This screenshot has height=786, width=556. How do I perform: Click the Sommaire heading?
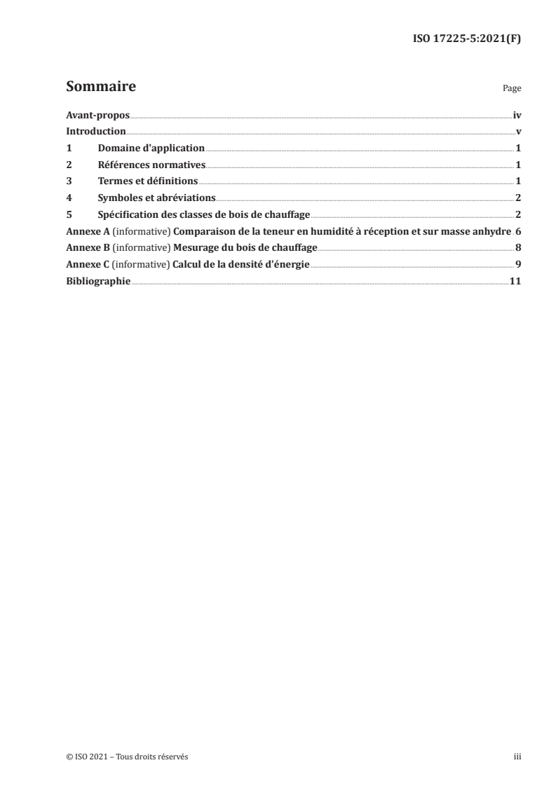pos(101,88)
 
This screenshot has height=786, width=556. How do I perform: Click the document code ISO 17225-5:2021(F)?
pos(466,39)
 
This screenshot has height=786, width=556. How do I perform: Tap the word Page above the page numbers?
pos(512,90)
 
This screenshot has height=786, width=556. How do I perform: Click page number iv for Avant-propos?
pos(517,115)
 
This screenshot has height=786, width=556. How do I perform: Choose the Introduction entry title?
pos(96,132)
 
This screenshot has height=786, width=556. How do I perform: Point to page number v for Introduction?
pos(518,132)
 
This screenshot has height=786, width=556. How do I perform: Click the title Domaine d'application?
pos(151,149)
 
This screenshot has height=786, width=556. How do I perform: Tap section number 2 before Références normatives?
pos(69,165)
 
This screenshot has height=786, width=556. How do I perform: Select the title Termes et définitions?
pos(149,181)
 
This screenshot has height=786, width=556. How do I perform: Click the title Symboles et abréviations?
pos(156,198)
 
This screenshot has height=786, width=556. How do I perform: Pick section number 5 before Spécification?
pos(69,214)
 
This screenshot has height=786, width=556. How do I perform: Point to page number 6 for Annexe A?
pos(518,231)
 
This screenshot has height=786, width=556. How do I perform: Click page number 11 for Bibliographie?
pos(515,281)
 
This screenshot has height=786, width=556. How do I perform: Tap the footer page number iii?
pos(517,757)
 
